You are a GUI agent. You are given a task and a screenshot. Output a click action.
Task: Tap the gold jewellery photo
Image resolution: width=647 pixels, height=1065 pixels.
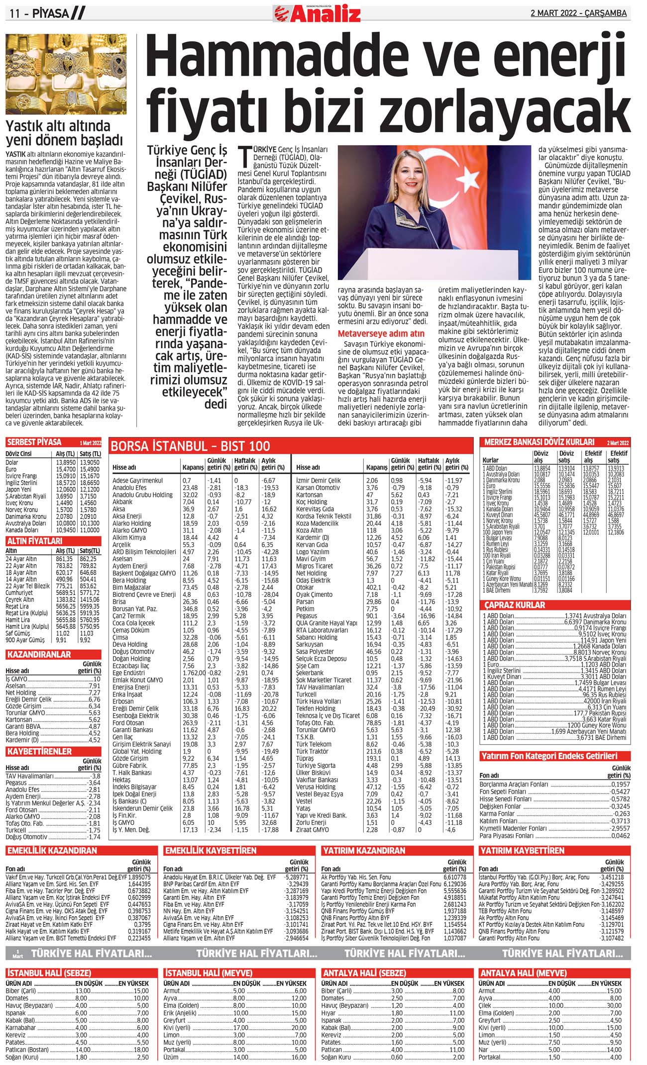66,74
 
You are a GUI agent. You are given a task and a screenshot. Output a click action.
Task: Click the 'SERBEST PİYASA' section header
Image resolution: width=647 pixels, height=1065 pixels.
34,442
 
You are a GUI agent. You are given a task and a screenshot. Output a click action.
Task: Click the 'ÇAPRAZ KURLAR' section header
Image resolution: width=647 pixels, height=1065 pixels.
515,605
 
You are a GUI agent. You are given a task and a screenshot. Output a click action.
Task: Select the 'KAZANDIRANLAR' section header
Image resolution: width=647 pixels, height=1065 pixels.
39,654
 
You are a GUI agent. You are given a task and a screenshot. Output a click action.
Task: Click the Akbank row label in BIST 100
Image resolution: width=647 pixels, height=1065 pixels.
122,502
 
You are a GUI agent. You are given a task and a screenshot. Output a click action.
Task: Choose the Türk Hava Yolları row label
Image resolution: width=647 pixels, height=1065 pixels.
319,701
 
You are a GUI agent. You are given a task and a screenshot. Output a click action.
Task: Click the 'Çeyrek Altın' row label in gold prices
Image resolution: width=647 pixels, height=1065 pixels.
21,599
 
